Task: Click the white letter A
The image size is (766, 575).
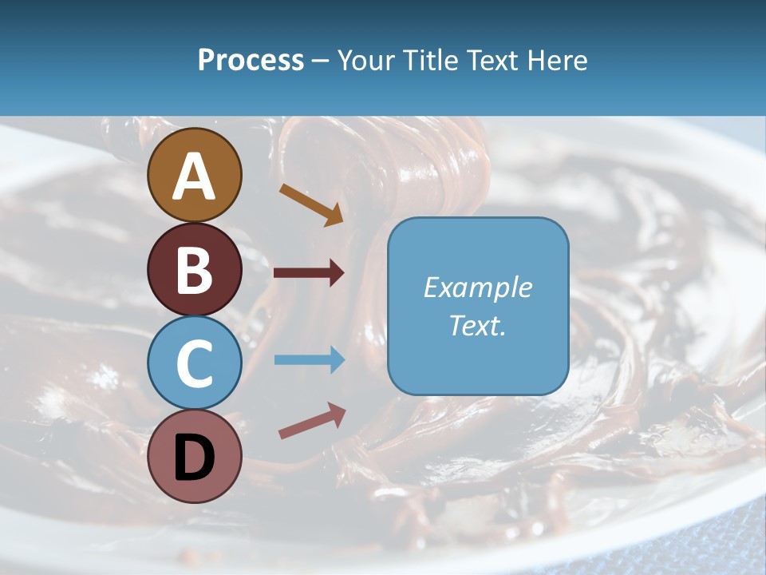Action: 195,177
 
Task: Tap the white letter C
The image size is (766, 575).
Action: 195,363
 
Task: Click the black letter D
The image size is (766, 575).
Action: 195,457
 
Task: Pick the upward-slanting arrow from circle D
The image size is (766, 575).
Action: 312,421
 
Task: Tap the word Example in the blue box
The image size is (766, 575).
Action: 478,287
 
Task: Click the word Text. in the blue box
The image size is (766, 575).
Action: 478,326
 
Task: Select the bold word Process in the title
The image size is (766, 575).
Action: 251,61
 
